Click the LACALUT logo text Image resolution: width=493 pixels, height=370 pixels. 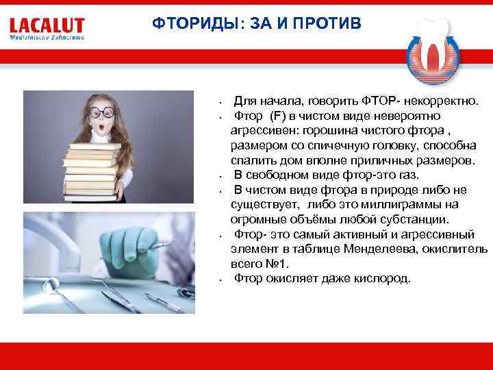pyautogui.click(x=47, y=26)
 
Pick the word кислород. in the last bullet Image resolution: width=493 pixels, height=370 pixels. pyautogui.click(x=382, y=278)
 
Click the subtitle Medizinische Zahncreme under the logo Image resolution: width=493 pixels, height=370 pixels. pyautogui.click(x=47, y=38)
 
